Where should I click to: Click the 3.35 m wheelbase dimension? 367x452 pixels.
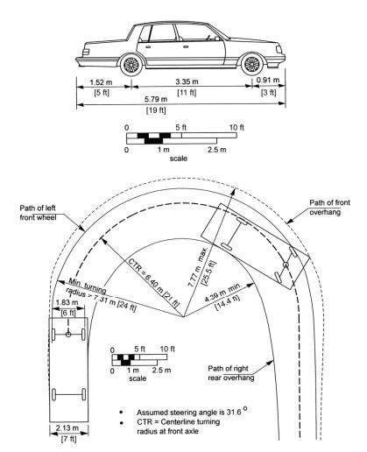(187, 81)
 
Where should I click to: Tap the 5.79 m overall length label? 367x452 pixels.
(156, 99)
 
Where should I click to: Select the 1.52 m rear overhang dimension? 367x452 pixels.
(101, 82)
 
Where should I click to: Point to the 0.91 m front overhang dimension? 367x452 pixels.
(268, 80)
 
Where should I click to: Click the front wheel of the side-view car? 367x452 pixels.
(251, 64)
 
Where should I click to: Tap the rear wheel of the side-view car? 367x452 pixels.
(131, 65)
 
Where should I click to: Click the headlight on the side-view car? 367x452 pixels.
(279, 49)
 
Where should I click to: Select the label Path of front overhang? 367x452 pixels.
(329, 207)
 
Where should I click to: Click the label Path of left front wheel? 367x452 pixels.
(38, 213)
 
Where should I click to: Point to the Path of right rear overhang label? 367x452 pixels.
(231, 373)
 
